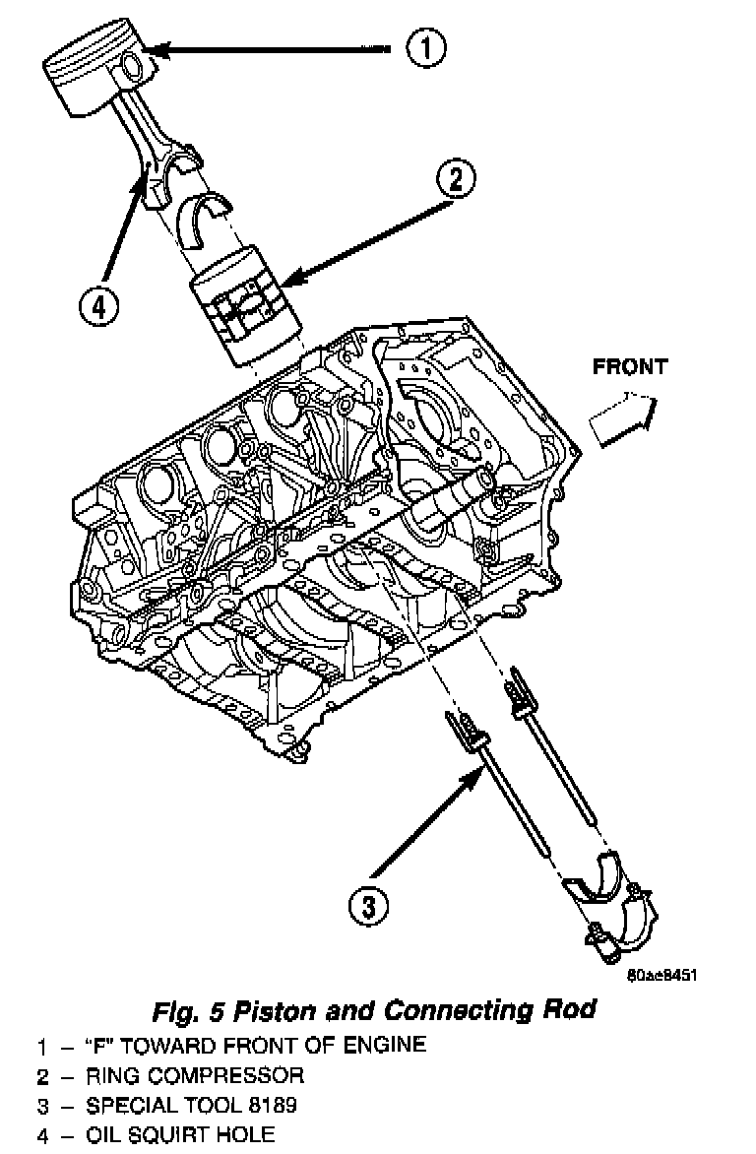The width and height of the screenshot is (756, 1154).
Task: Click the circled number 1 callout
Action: click(426, 47)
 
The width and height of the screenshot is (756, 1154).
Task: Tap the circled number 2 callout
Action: click(455, 179)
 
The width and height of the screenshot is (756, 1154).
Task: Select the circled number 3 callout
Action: click(366, 905)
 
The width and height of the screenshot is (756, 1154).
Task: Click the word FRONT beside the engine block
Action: click(629, 367)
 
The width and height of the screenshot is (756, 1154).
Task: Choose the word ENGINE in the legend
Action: click(390, 1044)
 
